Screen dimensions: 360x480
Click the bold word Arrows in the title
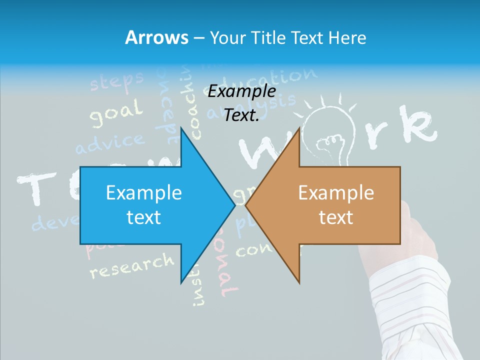156,38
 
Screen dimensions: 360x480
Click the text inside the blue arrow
144,205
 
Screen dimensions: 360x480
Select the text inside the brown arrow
336,205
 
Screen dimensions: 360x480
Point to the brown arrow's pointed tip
246,205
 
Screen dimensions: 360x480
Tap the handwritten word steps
117,81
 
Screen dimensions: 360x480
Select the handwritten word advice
109,142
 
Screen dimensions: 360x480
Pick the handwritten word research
131,265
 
